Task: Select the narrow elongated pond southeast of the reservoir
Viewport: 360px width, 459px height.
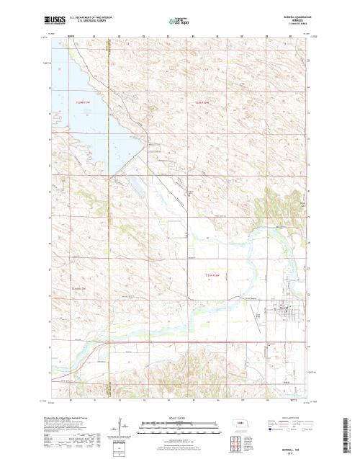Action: tap(135, 190)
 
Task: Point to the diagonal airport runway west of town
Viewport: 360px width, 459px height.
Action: tap(256, 316)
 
